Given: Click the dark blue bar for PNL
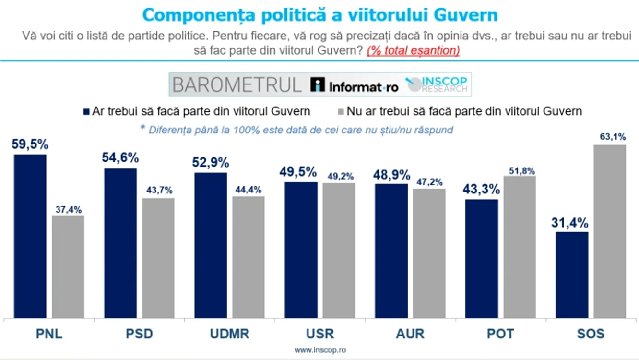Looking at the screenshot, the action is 30,236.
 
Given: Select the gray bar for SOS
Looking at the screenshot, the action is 610,231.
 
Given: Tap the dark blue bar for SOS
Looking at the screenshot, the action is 572,275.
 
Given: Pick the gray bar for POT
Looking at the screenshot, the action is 520,247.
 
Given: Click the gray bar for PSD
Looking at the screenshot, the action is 158,258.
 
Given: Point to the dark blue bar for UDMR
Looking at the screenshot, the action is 211,245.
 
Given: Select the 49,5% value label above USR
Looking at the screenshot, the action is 298,172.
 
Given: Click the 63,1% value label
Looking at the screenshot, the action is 613,137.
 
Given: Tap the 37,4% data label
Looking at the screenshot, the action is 69,210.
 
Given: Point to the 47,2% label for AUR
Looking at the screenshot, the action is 430,182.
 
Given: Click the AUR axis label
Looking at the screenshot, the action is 410,334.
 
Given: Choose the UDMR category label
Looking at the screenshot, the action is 230,334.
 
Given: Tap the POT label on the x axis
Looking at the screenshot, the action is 500,334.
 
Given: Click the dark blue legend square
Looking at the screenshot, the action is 86,112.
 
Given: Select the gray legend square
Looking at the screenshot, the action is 341,112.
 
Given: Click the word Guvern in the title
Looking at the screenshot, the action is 465,15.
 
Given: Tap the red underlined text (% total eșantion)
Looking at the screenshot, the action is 414,51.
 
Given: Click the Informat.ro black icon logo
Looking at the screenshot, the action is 318,84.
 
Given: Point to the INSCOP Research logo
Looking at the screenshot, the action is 437,84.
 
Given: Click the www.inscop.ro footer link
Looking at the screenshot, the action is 320,350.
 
